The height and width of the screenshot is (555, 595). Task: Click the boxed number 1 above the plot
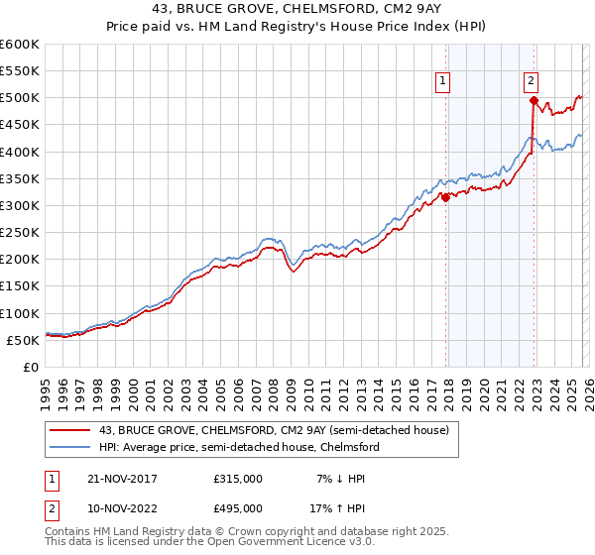point(441,82)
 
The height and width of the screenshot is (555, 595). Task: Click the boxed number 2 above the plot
point(532,82)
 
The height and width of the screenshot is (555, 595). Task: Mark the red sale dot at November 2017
point(445,197)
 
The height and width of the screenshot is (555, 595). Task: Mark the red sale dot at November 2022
point(534,100)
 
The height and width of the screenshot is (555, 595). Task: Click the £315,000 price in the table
point(238,479)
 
